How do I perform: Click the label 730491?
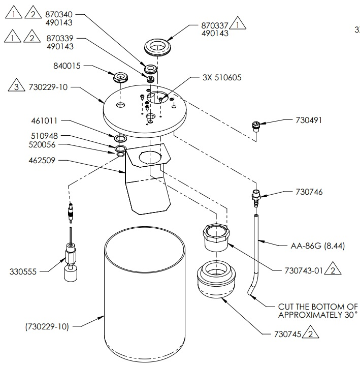(x=309, y=120)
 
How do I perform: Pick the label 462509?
(x=44, y=160)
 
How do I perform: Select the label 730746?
(x=309, y=192)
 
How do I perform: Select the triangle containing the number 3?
(x=16, y=87)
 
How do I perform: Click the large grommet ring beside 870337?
(x=157, y=47)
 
